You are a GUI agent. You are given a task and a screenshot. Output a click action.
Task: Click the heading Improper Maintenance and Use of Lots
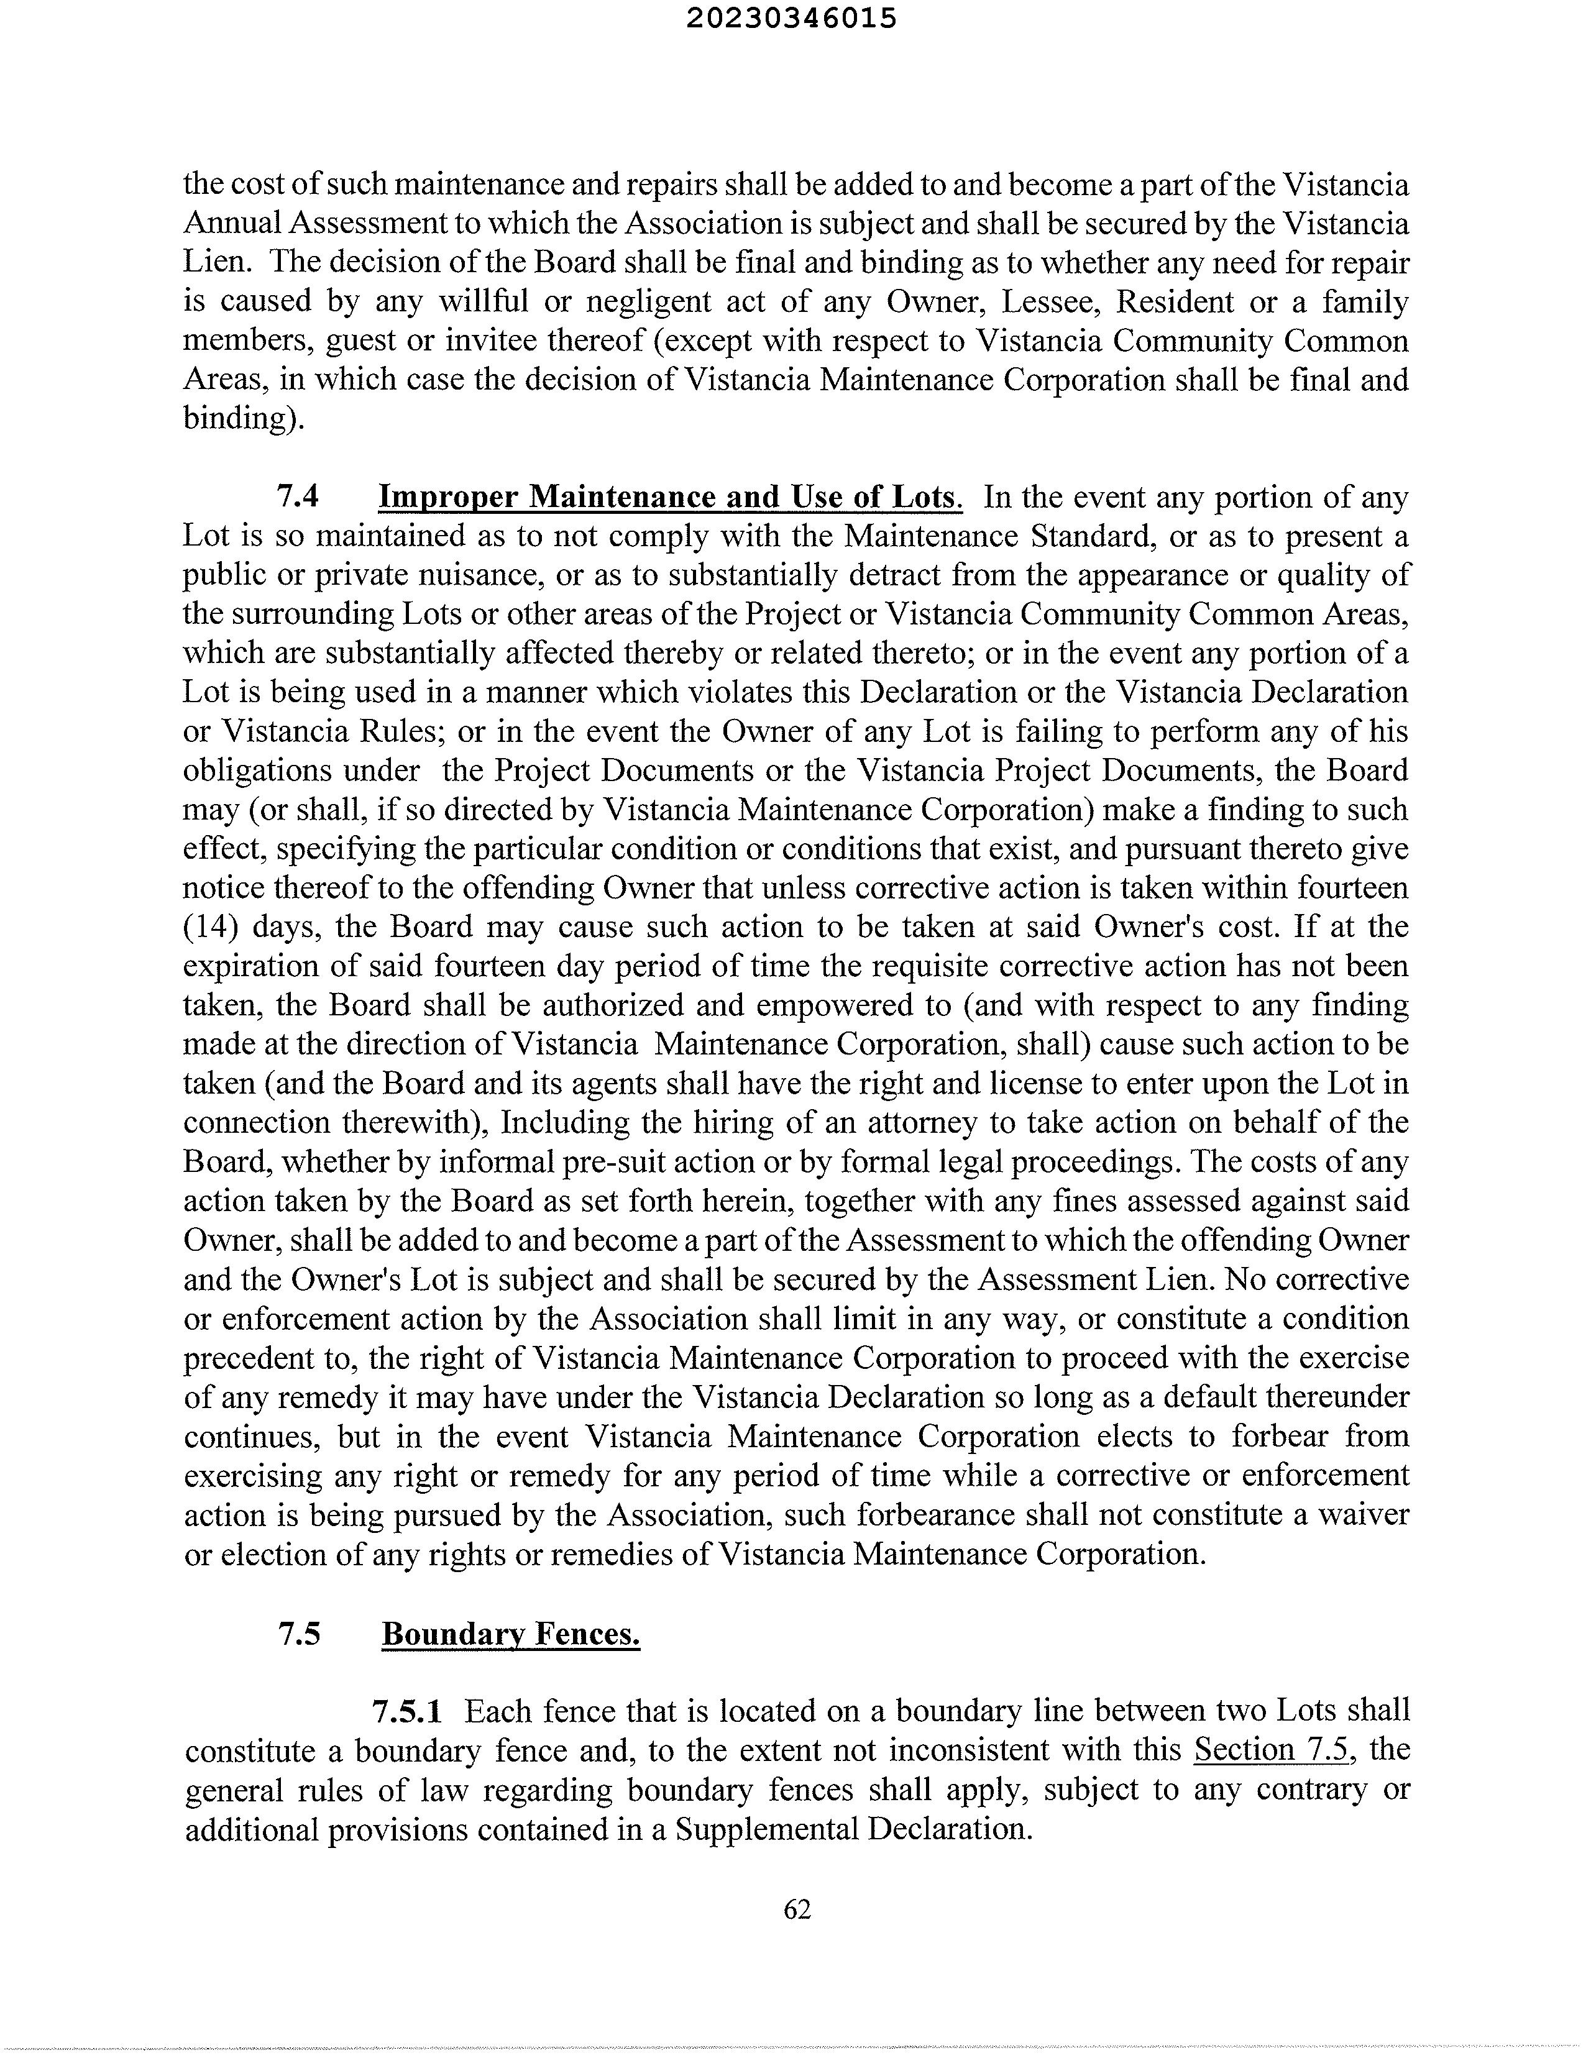669,496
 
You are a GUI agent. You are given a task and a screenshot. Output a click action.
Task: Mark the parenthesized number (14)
209,927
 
